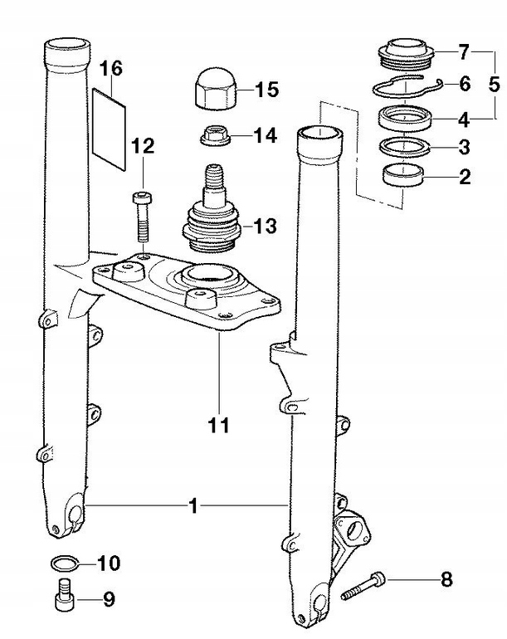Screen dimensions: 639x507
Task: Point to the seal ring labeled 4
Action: [403, 118]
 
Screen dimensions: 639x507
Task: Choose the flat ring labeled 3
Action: [403, 148]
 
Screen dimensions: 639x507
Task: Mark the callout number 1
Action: [193, 505]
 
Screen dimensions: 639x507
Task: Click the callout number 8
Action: [446, 579]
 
